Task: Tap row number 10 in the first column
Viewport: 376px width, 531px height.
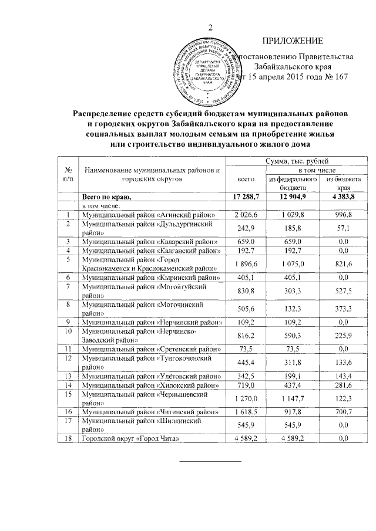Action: pyautogui.click(x=69, y=331)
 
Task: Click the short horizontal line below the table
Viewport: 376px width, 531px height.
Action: pyautogui.click(x=210, y=462)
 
